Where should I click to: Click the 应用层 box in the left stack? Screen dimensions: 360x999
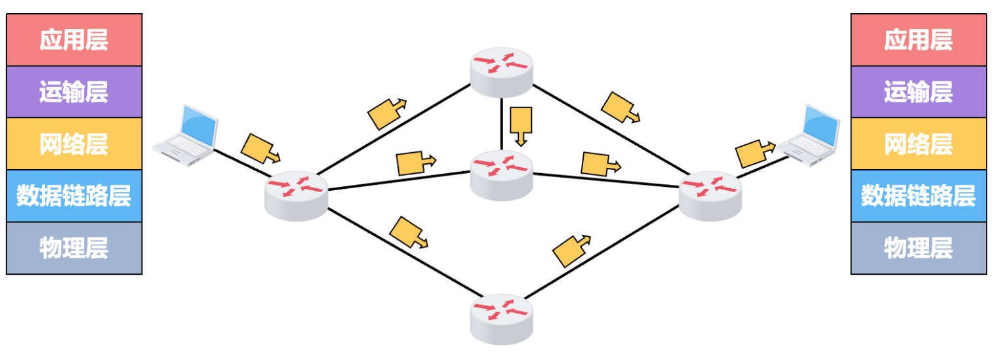(x=73, y=40)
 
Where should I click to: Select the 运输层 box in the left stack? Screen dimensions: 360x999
(x=73, y=92)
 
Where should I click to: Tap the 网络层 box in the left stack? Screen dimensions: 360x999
(x=73, y=144)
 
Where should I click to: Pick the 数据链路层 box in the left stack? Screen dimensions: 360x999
(x=73, y=195)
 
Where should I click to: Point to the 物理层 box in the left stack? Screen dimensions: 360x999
(x=73, y=248)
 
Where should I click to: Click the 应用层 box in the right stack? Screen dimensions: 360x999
(x=918, y=40)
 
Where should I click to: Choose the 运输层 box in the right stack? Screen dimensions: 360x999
(x=918, y=92)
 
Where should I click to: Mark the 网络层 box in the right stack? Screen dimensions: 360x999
(x=918, y=144)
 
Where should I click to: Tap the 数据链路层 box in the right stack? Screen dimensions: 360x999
(x=918, y=195)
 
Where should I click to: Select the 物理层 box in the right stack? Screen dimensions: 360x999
(x=918, y=248)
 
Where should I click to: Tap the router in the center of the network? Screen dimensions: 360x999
(x=502, y=173)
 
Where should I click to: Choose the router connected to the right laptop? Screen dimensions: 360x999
(x=710, y=195)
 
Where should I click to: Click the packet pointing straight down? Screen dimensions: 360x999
(x=521, y=124)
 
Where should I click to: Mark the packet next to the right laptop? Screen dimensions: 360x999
(x=752, y=153)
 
